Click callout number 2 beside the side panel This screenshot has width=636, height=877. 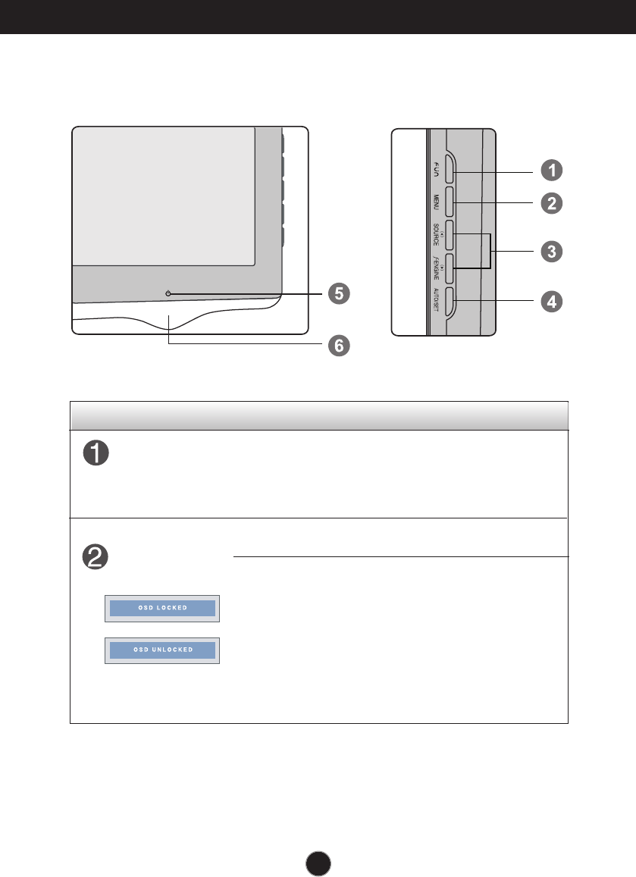click(551, 203)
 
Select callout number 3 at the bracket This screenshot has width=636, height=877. click(551, 252)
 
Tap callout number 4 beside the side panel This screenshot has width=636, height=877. click(551, 301)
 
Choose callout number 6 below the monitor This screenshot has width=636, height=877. click(339, 345)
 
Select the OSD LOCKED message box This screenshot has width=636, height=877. click(161, 609)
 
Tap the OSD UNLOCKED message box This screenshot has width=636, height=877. click(161, 650)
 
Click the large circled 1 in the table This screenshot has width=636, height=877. click(96, 455)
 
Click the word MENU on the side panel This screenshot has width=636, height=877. click(437, 202)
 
